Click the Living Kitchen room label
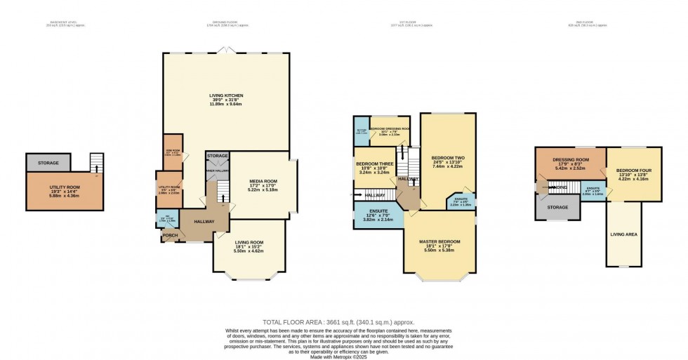[x=225, y=95]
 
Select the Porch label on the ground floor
[x=170, y=236]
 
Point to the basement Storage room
[x=48, y=163]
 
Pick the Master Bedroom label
[x=439, y=241]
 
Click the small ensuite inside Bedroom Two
[x=461, y=201]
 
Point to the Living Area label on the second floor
[x=623, y=234]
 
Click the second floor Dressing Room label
[x=570, y=159]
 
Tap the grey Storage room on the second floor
[x=557, y=207]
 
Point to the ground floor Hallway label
[x=204, y=221]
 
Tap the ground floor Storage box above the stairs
[x=218, y=156]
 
